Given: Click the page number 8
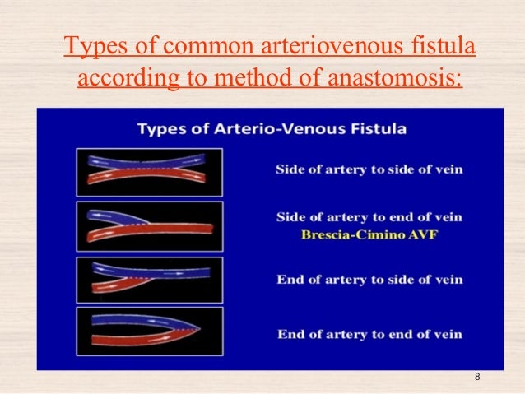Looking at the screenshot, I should pyautogui.click(x=477, y=377).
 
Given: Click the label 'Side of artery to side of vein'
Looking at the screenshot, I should pyautogui.click(x=369, y=169).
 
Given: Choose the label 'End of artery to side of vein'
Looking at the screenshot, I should pyautogui.click(x=369, y=280).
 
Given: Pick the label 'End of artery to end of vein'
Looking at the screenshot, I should pyautogui.click(x=369, y=334).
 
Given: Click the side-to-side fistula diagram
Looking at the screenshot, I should pyautogui.click(x=149, y=171).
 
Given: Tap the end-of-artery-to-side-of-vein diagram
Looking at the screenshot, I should pyautogui.click(x=149, y=279).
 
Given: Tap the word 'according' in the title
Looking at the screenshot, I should pyautogui.click(x=120, y=80).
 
